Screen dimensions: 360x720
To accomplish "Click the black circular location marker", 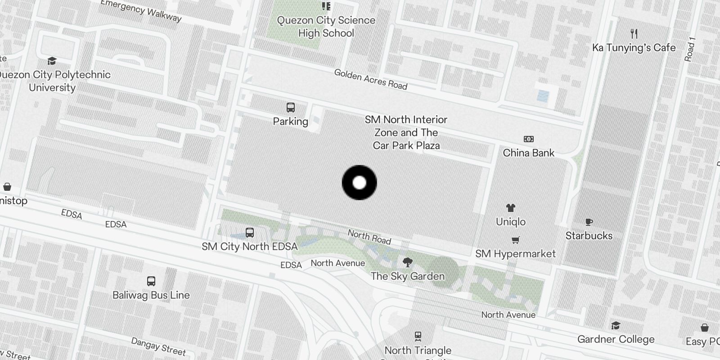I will coord(359,183).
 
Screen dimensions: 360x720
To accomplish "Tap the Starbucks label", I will coord(589,235).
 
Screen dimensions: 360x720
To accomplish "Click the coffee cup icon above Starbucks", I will coord(589,222).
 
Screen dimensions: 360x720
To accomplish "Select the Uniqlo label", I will coord(510,221).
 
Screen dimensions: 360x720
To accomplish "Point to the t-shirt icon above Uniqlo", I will coord(510,208).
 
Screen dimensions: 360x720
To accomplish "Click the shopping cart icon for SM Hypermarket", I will coord(516,240).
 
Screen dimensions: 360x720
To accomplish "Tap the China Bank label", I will coord(528,153).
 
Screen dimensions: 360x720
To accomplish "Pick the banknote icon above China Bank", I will coord(528,139).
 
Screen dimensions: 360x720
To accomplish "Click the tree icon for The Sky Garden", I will coord(408,262).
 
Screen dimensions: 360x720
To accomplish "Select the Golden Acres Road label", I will coord(370,79).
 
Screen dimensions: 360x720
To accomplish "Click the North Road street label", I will coord(369,237).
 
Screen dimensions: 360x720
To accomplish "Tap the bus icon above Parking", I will coord(291,108).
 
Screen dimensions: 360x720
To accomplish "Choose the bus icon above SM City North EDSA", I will coord(250,233).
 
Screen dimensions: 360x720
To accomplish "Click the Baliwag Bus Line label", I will coord(151,295).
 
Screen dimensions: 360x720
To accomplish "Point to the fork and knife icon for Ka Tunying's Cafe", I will coord(634,34).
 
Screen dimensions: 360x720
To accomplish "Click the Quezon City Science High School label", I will coord(326,27).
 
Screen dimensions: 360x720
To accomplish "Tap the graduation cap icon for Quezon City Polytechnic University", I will coord(52,61).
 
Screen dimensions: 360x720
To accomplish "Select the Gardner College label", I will coord(616,339).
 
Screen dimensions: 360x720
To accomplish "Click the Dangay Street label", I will coord(158,346).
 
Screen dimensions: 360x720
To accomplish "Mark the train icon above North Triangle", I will coord(418,336).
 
